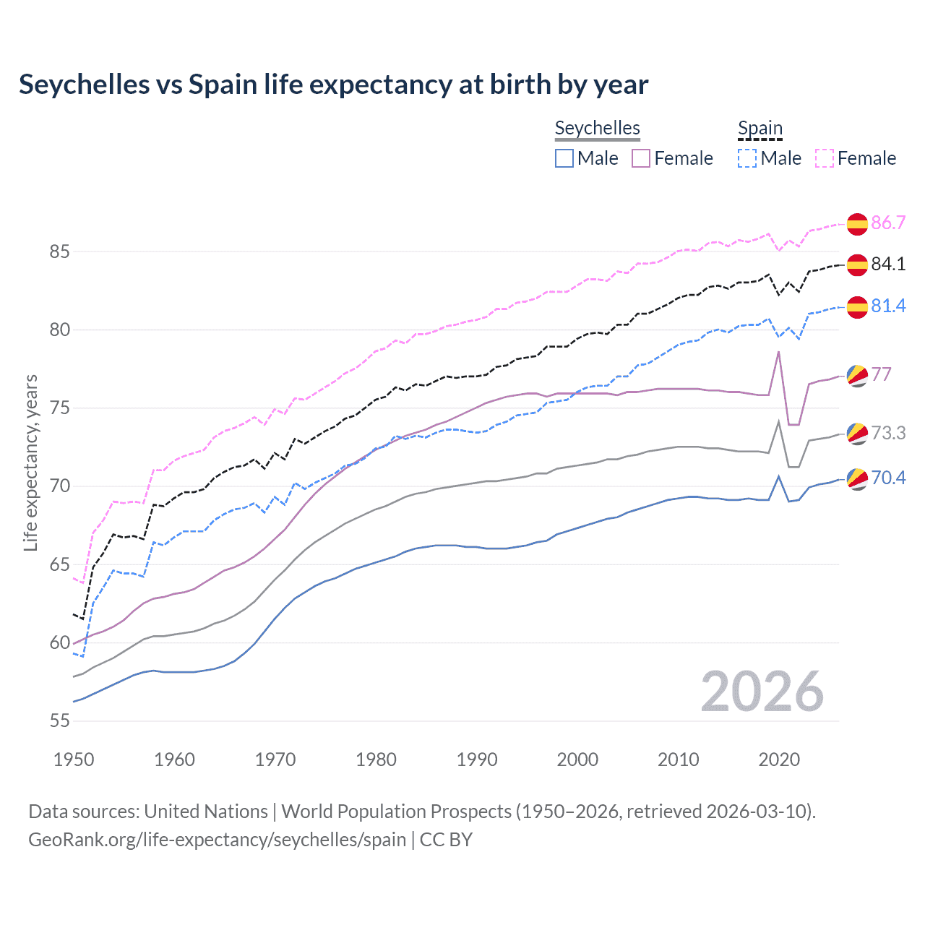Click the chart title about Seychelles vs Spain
click(x=333, y=85)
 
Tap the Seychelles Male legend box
click(x=564, y=158)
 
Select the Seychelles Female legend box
click(x=641, y=158)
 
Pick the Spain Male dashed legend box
click(x=747, y=158)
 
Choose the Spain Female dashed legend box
click(x=825, y=158)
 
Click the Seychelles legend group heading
click(x=597, y=128)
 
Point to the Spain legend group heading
click(x=760, y=129)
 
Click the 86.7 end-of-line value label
click(x=888, y=223)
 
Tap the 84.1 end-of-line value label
click(x=888, y=264)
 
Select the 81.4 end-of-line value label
click(x=888, y=306)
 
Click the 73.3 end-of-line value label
click(x=888, y=433)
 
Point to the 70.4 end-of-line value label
click(x=888, y=478)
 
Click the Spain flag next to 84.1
click(x=857, y=265)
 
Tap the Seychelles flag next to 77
click(x=857, y=375)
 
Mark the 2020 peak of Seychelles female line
click(x=778, y=352)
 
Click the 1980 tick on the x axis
click(x=376, y=760)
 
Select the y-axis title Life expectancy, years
click(x=31, y=462)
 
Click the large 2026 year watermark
click(x=762, y=692)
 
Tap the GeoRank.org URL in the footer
click(x=217, y=840)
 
